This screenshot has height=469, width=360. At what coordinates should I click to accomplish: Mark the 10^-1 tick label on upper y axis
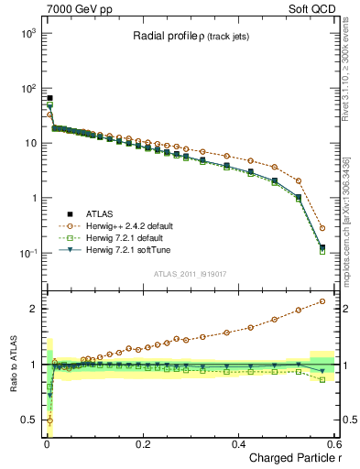click(x=27, y=254)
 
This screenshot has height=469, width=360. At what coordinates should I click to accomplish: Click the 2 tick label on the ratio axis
click(x=32, y=309)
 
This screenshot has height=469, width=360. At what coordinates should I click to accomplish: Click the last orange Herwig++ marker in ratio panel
click(x=322, y=301)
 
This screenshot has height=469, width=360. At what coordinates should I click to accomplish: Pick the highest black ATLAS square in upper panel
click(x=49, y=98)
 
